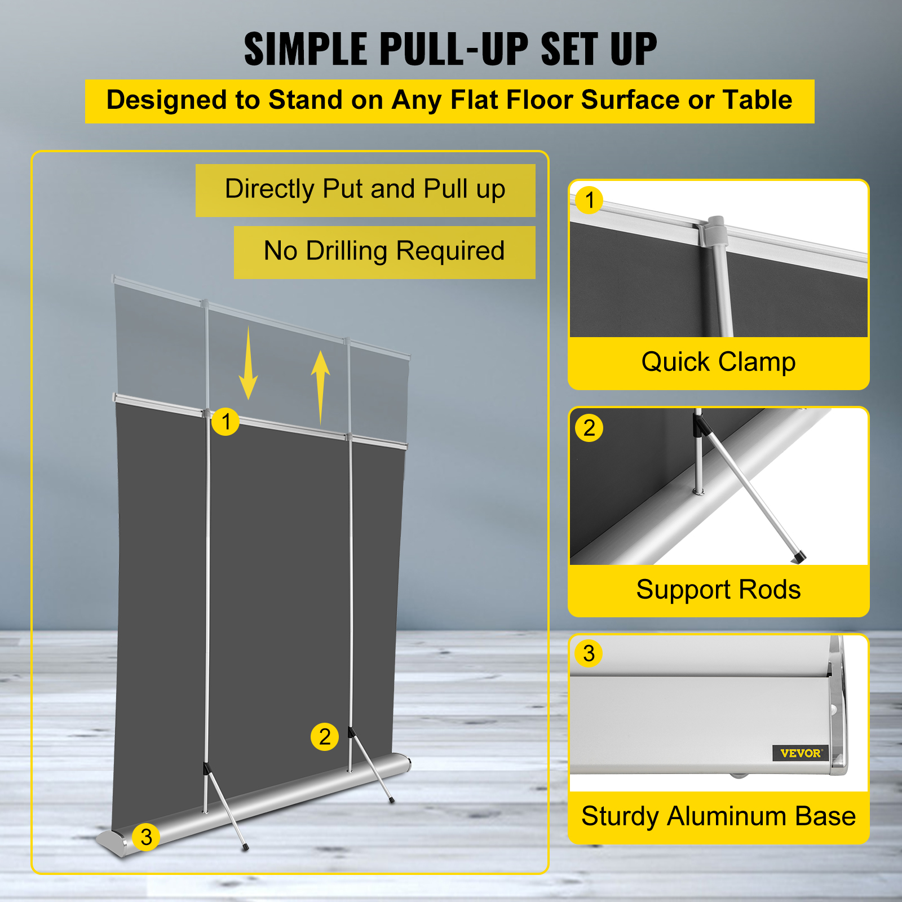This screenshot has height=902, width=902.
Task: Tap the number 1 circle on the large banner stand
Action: pyautogui.click(x=225, y=422)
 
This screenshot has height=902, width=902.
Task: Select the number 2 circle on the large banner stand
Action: pyautogui.click(x=325, y=737)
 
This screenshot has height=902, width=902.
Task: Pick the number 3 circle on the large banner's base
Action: pyautogui.click(x=146, y=837)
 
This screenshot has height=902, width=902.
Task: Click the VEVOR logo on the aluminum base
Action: pyautogui.click(x=801, y=753)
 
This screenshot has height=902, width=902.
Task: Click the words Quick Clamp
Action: pyautogui.click(x=718, y=362)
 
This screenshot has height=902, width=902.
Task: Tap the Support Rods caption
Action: pyautogui.click(x=718, y=590)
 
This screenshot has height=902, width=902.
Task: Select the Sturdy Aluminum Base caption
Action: pyautogui.click(x=718, y=816)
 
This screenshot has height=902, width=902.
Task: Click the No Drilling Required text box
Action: pyautogui.click(x=384, y=251)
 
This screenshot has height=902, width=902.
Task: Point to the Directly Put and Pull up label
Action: pyautogui.click(x=365, y=189)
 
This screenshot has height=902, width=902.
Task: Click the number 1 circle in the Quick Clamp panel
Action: pyautogui.click(x=590, y=201)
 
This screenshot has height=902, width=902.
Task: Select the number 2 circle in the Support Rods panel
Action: pyautogui.click(x=589, y=428)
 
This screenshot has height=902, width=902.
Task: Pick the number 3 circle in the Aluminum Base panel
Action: pyautogui.click(x=589, y=653)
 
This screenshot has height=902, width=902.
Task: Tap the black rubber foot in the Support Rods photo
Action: pyautogui.click(x=798, y=558)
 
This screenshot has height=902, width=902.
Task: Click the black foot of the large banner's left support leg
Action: pyautogui.click(x=245, y=847)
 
